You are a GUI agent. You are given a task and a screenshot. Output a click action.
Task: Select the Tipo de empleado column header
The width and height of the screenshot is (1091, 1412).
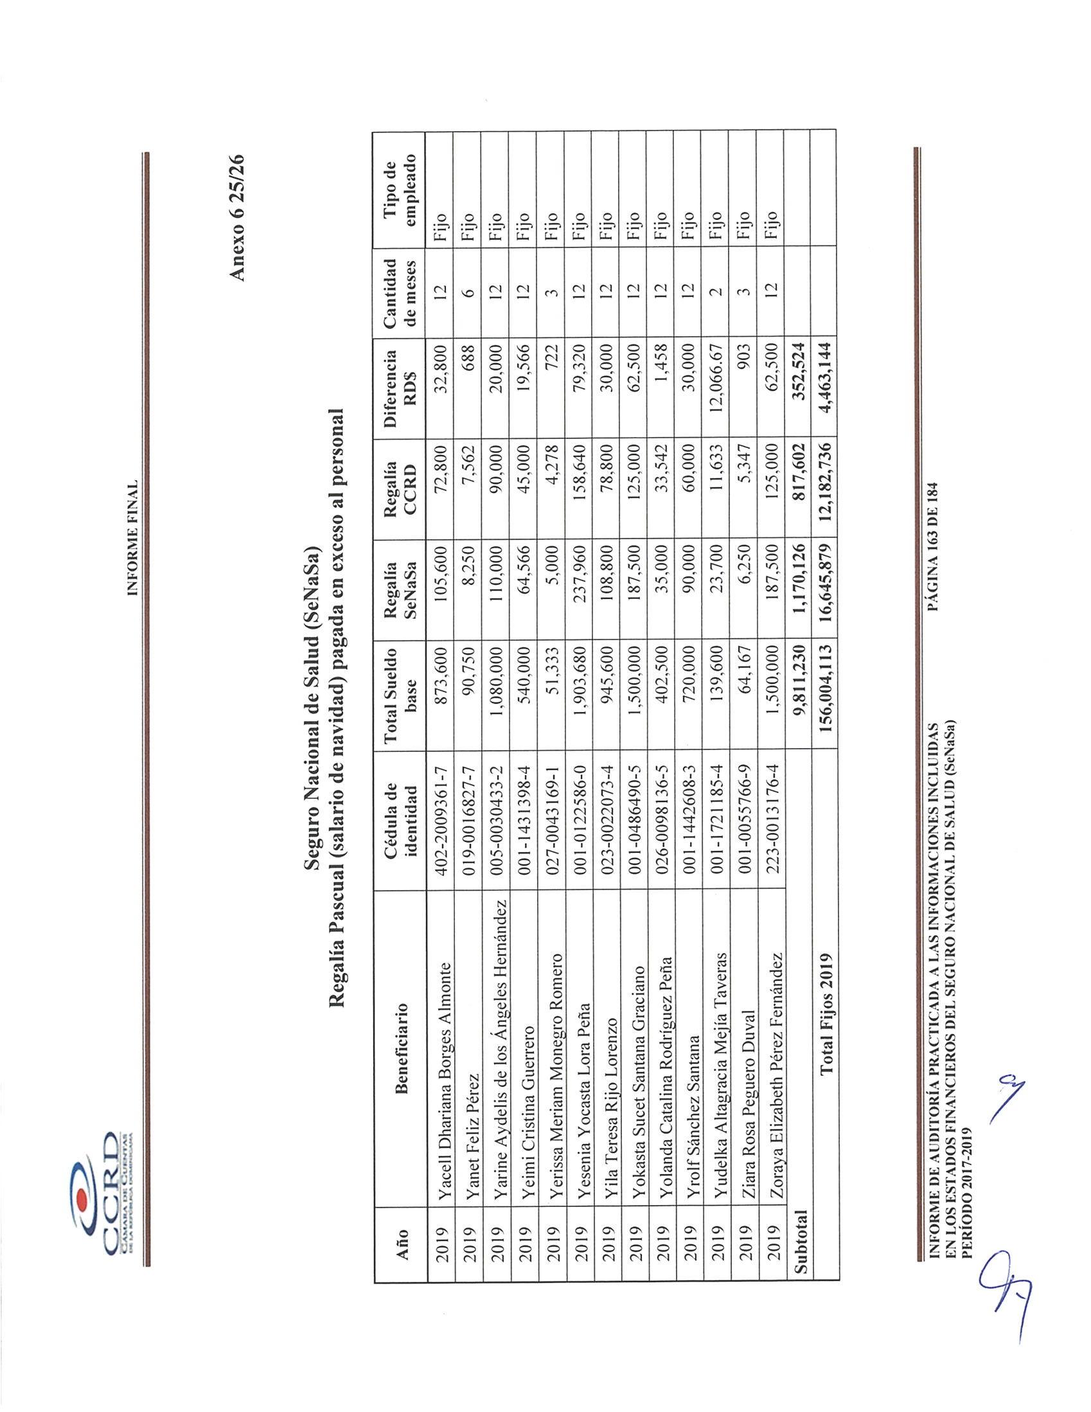pos(402,191)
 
